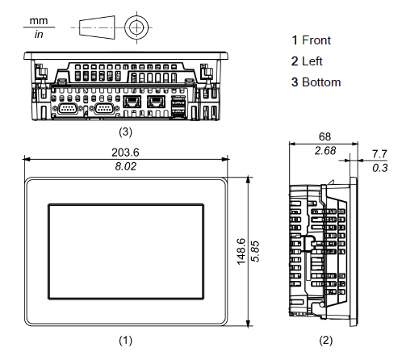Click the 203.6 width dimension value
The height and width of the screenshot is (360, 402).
(x=125, y=153)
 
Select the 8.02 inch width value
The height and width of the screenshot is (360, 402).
(x=126, y=166)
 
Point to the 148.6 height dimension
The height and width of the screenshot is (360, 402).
(x=241, y=252)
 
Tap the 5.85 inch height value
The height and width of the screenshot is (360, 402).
(x=255, y=252)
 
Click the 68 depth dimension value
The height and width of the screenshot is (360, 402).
(x=325, y=136)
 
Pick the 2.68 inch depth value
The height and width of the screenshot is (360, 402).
(x=325, y=151)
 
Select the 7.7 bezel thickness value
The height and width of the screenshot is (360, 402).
(x=379, y=154)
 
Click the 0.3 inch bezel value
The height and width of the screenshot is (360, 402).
(x=380, y=168)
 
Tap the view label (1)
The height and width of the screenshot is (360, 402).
(x=126, y=341)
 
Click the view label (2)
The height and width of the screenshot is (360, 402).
(x=326, y=341)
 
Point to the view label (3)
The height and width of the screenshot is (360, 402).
(x=126, y=132)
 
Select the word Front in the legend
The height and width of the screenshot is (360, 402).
(x=316, y=40)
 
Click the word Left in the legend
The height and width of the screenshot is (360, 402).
(x=312, y=61)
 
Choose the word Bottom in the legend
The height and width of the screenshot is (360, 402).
(x=321, y=82)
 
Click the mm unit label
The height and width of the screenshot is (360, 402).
(x=39, y=21)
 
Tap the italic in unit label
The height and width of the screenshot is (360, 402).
(x=39, y=34)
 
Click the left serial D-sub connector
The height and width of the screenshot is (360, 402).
(x=67, y=109)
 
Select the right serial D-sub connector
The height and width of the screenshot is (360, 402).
(x=104, y=109)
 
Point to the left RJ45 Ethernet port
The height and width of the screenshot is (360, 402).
(x=132, y=102)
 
